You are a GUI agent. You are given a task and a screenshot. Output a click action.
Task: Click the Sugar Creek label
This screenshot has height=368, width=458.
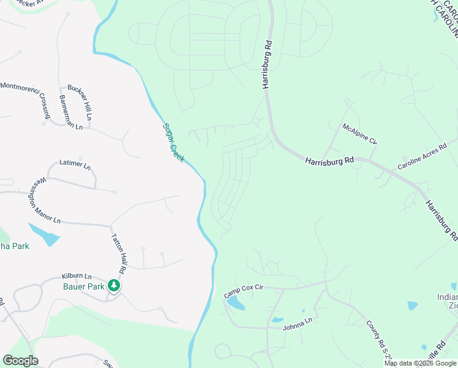(x=173, y=143)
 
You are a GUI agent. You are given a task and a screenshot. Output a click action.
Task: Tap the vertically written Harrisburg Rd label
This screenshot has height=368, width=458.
(x=268, y=64)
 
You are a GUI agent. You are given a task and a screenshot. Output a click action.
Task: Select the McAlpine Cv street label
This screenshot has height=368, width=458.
(x=359, y=134)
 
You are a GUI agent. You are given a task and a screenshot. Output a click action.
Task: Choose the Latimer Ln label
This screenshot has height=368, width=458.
(x=75, y=165)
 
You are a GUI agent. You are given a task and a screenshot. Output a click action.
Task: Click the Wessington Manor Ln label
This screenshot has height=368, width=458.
(x=43, y=201)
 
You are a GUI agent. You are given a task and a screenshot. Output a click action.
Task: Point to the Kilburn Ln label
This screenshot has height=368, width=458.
(x=77, y=277)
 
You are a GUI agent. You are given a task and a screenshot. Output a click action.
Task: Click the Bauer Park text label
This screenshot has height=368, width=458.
(x=84, y=286)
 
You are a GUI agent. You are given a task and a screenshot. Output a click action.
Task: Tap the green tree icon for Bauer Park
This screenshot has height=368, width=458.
(x=114, y=285)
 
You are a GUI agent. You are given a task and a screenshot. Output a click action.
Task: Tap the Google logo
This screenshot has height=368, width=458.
(x=20, y=361)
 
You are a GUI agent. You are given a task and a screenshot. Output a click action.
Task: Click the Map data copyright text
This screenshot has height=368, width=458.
(x=421, y=363)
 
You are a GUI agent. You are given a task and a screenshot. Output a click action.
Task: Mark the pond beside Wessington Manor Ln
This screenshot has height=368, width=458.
(x=44, y=234)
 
